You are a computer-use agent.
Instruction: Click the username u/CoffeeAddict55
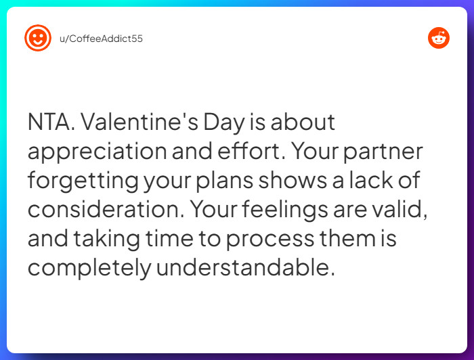point(101,39)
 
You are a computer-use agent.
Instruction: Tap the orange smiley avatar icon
point(38,38)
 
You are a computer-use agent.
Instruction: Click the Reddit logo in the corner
point(439,38)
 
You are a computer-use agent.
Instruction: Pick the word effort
point(252,152)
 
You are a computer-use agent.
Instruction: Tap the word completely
point(89,269)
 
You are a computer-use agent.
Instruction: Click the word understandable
point(246,268)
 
